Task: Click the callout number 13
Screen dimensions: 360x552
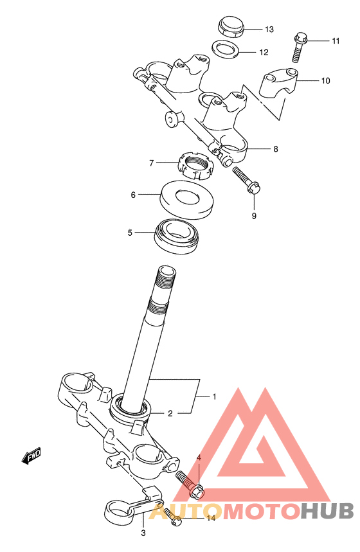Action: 269,30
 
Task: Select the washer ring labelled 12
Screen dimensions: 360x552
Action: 226,49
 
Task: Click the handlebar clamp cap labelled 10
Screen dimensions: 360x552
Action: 279,84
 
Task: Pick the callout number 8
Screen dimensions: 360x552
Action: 275,149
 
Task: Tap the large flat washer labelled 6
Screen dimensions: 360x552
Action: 186,199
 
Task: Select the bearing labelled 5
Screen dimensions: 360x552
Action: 177,236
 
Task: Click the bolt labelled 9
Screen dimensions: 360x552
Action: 247,180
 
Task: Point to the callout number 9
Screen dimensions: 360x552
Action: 254,216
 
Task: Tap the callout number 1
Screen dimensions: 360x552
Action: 214,396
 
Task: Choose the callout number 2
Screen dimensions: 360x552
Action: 170,413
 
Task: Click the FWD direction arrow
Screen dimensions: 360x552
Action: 31,456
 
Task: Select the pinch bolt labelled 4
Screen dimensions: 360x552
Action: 190,485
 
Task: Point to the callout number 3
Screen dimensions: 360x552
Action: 143,533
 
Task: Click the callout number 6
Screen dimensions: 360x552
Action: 133,195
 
